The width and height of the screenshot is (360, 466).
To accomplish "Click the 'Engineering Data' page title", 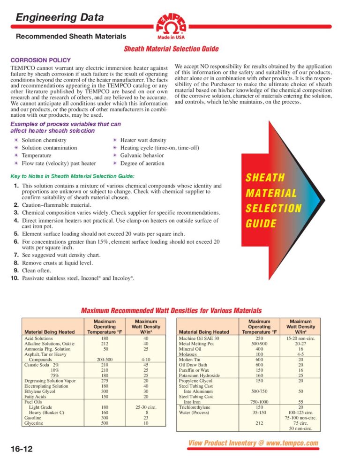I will point(60,18).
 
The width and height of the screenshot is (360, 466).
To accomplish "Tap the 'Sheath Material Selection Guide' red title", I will point(171,49).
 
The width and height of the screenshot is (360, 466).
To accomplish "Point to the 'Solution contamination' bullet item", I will point(49,148).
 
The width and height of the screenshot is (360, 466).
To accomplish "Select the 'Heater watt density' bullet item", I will point(143,140).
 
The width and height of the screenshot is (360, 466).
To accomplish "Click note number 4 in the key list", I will point(16,220).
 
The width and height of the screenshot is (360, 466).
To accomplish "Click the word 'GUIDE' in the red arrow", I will point(261,224).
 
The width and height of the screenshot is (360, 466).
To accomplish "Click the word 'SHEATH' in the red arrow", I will point(265,178).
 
